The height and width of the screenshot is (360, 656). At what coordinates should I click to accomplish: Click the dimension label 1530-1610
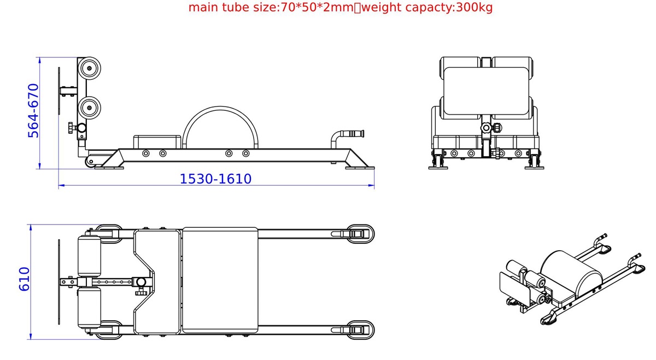[x=215, y=179]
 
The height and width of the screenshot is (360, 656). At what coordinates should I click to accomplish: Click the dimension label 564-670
[x=33, y=111]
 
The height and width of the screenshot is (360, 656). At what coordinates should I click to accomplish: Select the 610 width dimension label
[x=24, y=279]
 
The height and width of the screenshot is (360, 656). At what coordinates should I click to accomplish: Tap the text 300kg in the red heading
[x=474, y=7]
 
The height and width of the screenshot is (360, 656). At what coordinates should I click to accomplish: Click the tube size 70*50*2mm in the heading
[x=317, y=7]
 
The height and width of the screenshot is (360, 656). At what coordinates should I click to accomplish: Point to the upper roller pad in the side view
[x=89, y=68]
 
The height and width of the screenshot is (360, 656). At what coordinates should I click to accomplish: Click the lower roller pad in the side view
[x=89, y=108]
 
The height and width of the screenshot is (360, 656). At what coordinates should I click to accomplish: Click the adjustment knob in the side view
[x=72, y=128]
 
